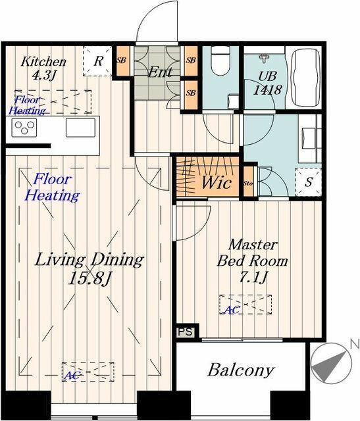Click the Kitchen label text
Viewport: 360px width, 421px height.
(x=44, y=62)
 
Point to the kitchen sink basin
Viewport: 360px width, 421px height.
(x=80, y=127)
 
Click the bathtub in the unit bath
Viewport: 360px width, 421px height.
(x=303, y=78)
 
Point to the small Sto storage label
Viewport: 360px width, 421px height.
(x=248, y=184)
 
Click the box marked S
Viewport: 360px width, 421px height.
(x=307, y=183)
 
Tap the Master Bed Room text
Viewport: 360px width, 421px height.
(x=253, y=252)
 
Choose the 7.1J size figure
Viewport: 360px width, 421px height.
(x=253, y=277)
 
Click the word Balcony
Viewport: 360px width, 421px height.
(x=240, y=370)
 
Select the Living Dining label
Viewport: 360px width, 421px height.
(x=90, y=259)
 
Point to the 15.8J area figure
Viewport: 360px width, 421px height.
(x=90, y=278)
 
